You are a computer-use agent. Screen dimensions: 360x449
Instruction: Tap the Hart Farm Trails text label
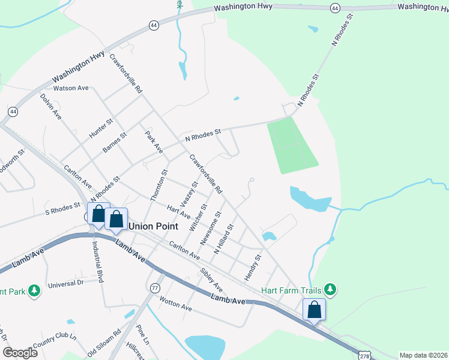pyautogui.click(x=291, y=290)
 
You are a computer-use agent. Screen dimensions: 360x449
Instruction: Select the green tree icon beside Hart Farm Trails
pyautogui.click(x=329, y=290)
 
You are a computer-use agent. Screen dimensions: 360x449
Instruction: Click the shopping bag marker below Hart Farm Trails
pyautogui.click(x=314, y=310)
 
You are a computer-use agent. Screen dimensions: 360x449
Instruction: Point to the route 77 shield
pyautogui.click(x=156, y=288)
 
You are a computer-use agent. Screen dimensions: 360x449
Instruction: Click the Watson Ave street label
pyautogui.click(x=71, y=88)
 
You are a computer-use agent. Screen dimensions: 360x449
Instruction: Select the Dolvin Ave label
pyautogui.click(x=51, y=105)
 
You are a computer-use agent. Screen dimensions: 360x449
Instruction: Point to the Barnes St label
pyautogui.click(x=115, y=143)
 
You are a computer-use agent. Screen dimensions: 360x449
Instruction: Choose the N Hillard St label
pyautogui.click(x=223, y=239)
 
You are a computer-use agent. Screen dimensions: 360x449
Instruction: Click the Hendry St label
pyautogui.click(x=253, y=268)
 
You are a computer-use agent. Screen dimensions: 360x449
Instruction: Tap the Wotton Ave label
pyautogui.click(x=175, y=305)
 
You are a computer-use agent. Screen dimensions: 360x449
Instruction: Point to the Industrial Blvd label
pyautogui.click(x=98, y=262)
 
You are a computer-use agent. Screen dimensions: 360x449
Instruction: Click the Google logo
pyautogui.click(x=19, y=353)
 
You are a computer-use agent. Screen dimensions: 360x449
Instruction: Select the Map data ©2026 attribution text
pyautogui.click(x=423, y=355)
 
